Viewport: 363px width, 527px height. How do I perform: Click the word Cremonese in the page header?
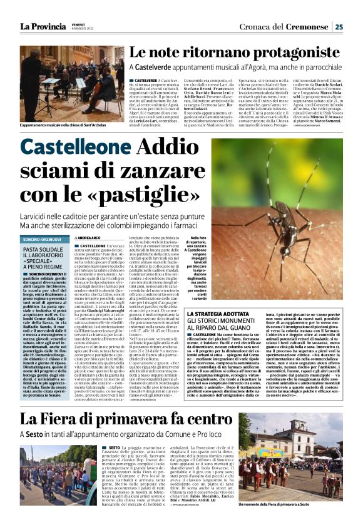(x=309, y=26)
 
